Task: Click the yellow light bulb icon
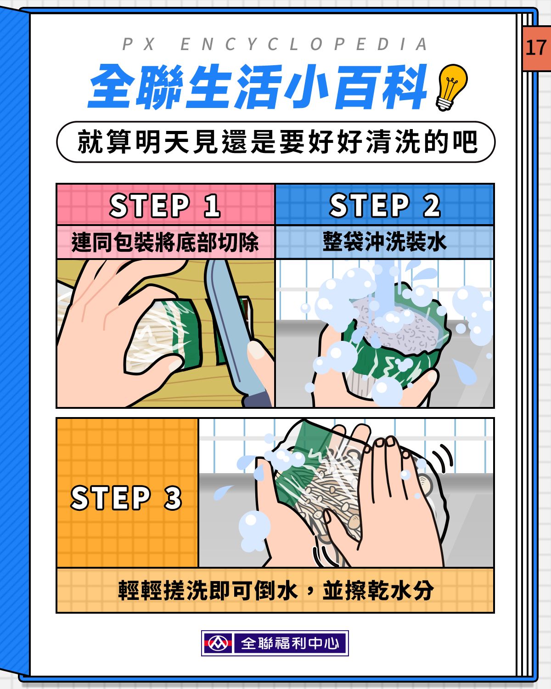click(x=451, y=87)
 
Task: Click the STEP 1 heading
click(x=165, y=205)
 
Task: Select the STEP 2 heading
click(x=385, y=205)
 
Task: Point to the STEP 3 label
click(x=126, y=497)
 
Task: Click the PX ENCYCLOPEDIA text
click(x=275, y=44)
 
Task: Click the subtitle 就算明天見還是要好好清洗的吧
click(x=277, y=141)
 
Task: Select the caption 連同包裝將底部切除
click(x=165, y=242)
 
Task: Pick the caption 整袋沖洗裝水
click(x=384, y=242)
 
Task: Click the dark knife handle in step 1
click(x=258, y=399)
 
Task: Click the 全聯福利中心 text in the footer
click(x=290, y=643)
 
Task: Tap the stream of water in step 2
click(x=385, y=288)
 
